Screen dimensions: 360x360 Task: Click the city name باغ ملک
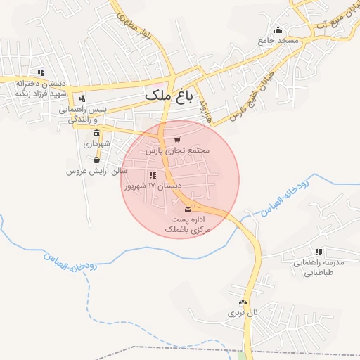pyautogui.click(x=168, y=94)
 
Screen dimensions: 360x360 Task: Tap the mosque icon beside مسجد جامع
pyautogui.click(x=278, y=30)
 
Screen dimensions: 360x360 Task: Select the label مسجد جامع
pyautogui.click(x=278, y=41)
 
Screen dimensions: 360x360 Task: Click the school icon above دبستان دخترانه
pyautogui.click(x=41, y=72)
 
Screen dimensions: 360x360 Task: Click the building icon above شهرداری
pyautogui.click(x=96, y=133)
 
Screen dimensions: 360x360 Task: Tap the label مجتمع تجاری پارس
pyautogui.click(x=178, y=150)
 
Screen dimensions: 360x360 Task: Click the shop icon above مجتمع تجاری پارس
pyautogui.click(x=176, y=140)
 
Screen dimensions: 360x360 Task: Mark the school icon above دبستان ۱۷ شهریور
pyautogui.click(x=153, y=176)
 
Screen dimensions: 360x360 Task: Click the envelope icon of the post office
pyautogui.click(x=188, y=209)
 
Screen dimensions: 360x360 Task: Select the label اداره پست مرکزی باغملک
pyautogui.click(x=188, y=225)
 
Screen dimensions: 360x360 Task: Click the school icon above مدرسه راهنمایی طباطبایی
pyautogui.click(x=319, y=251)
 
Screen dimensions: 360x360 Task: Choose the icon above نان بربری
pyautogui.click(x=243, y=301)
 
